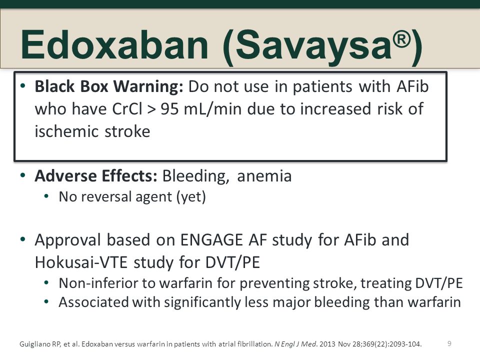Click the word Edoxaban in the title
click(x=114, y=44)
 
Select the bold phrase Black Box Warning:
click(x=109, y=86)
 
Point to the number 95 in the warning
click(x=169, y=109)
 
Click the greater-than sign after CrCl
click(x=151, y=109)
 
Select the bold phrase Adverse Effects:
click(x=96, y=176)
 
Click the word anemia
click(x=264, y=176)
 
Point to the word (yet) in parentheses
click(x=191, y=197)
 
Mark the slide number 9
click(x=449, y=343)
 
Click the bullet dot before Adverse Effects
click(x=23, y=175)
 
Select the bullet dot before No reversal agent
click(x=46, y=196)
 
